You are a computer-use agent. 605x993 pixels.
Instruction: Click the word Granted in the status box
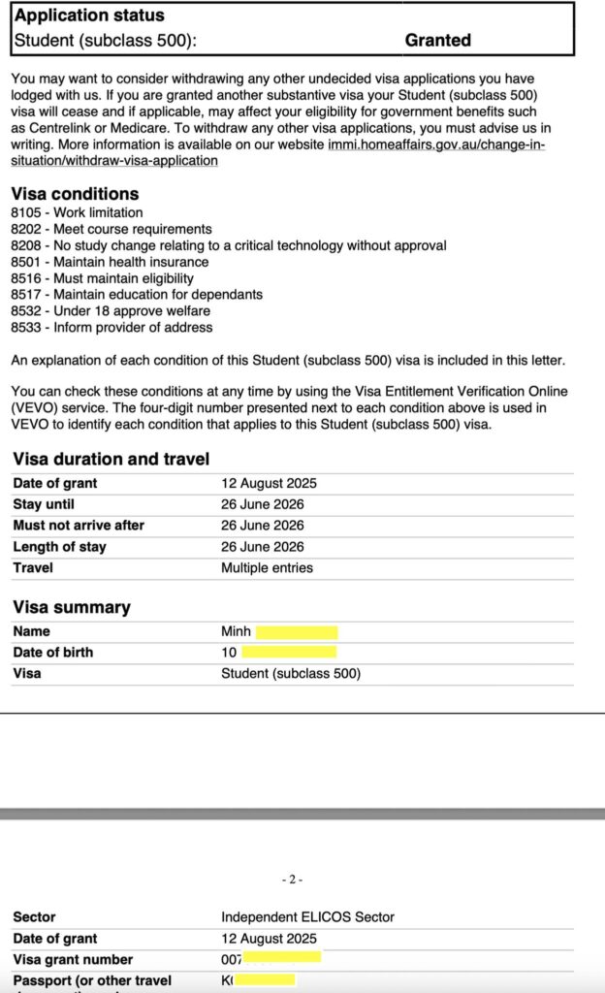point(437,41)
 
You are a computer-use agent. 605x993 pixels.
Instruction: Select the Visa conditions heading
point(75,193)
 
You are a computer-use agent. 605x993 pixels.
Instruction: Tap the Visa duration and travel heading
point(111,459)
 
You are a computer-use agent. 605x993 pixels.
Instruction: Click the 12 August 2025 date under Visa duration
point(269,483)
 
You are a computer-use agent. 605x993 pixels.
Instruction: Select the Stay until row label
point(44,504)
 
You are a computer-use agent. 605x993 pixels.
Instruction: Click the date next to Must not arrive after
point(262,526)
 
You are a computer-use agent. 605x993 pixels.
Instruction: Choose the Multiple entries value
point(267,568)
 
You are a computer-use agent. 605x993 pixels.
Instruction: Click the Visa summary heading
point(71,607)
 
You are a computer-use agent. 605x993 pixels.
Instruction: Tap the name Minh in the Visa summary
point(236,631)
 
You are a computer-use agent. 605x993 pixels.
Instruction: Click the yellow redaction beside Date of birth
point(289,653)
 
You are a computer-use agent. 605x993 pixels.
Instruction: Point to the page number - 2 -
point(293,880)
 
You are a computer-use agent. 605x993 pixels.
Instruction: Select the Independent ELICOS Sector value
point(307,917)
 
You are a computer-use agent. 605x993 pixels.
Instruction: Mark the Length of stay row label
point(59,547)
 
